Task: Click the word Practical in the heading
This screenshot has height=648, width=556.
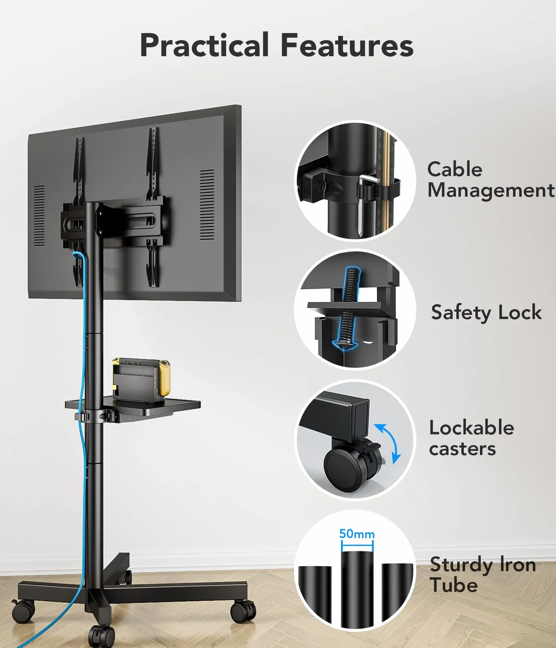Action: pyautogui.click(x=204, y=45)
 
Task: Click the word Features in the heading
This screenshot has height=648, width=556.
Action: pyautogui.click(x=347, y=45)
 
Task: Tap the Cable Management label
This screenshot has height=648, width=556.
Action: pyautogui.click(x=491, y=180)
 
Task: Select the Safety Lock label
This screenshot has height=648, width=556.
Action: pyautogui.click(x=487, y=312)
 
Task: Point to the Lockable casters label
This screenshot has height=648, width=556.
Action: pyautogui.click(x=471, y=438)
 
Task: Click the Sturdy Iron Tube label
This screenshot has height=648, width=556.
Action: pyautogui.click(x=482, y=574)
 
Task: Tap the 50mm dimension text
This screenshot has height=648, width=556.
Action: pyautogui.click(x=357, y=533)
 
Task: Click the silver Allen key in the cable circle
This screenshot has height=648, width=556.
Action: pyautogui.click(x=364, y=204)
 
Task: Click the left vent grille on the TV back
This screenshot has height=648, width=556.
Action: pyautogui.click(x=39, y=215)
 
